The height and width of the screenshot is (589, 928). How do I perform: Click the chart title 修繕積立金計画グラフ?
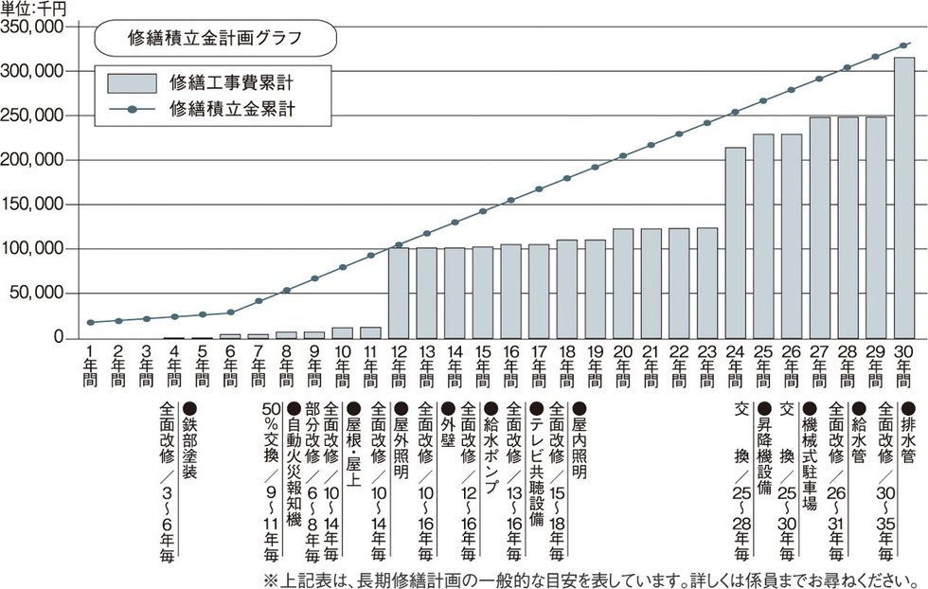(x=215, y=40)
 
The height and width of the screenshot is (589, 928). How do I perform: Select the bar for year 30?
(x=904, y=198)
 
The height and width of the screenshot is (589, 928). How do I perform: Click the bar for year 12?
(x=399, y=293)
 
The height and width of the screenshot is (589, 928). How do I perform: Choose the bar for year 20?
(x=623, y=283)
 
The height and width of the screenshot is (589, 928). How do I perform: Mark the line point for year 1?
(x=90, y=323)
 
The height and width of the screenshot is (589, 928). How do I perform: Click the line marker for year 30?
(x=904, y=45)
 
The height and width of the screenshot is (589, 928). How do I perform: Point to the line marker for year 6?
(x=230, y=312)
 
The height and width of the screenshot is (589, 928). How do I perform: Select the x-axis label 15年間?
(x=483, y=366)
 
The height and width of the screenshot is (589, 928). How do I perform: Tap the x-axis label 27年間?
(x=820, y=366)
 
